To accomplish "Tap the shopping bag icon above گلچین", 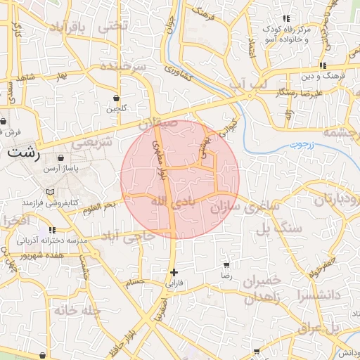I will (x=116, y=98).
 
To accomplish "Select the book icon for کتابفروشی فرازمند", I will (x=49, y=191).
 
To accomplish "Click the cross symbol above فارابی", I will (x=174, y=272).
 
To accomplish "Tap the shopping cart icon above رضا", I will (x=226, y=266).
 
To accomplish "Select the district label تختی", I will (x=114, y=26).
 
